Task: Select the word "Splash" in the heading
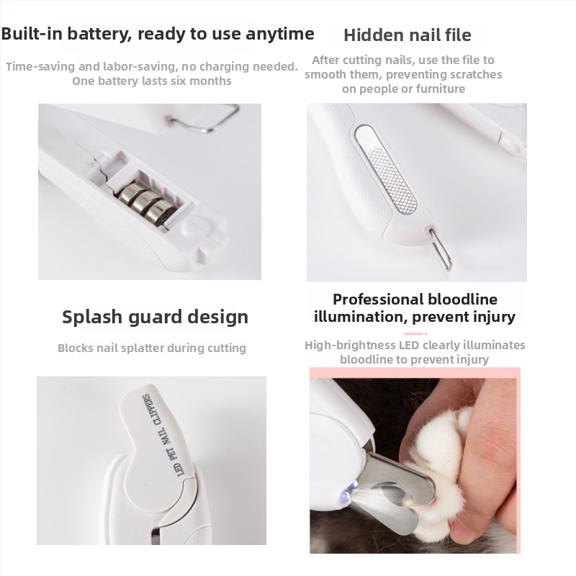91,317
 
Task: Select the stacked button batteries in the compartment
147,202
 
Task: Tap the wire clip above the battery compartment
205,119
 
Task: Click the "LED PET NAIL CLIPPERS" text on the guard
164,435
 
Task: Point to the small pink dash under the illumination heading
415,333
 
